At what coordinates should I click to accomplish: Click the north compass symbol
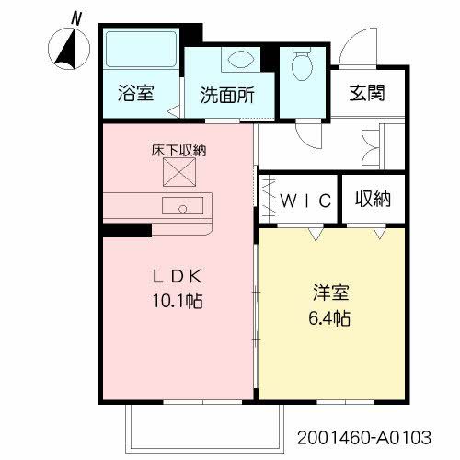(x=67, y=49)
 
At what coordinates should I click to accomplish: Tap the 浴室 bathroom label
(x=135, y=93)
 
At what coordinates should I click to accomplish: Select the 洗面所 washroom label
(x=227, y=94)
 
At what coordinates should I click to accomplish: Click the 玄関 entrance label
(x=366, y=93)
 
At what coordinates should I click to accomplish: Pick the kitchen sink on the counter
(x=181, y=206)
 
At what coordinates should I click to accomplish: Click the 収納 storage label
(x=374, y=199)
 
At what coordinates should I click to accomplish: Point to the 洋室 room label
(x=328, y=296)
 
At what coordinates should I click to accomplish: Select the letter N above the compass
(x=77, y=17)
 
